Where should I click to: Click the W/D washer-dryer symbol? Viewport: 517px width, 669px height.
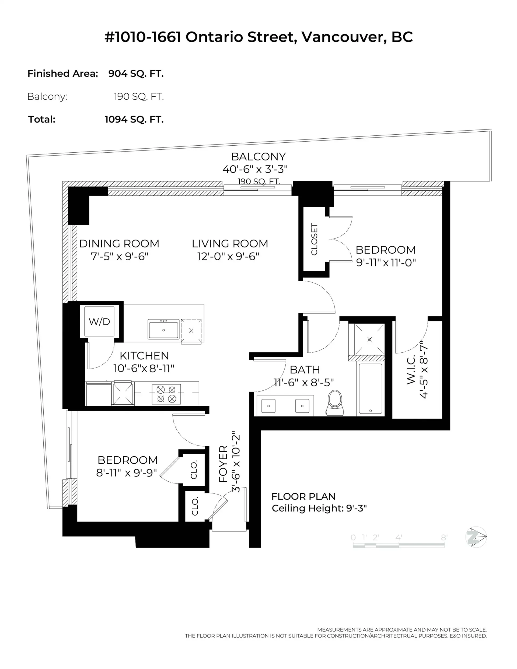point(99,321)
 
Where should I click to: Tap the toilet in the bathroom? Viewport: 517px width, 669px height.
point(335,402)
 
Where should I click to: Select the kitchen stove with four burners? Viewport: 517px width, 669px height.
point(166,394)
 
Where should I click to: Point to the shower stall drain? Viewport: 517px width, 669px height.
point(370,339)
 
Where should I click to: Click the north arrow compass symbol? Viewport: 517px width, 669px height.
point(476,537)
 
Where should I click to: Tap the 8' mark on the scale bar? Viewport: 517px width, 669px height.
point(444,538)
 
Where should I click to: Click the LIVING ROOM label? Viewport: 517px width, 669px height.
point(230,244)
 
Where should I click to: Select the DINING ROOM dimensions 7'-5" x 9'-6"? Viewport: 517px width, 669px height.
point(120,256)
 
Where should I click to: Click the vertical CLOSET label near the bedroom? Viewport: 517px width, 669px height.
point(315,239)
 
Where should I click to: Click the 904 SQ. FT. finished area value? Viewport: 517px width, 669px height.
point(136,73)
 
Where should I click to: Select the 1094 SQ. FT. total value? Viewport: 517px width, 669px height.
point(134,119)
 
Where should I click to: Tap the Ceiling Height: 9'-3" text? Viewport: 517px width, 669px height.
point(319,508)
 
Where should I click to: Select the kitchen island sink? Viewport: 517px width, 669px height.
point(163,329)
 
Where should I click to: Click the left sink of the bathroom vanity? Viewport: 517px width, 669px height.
point(268,406)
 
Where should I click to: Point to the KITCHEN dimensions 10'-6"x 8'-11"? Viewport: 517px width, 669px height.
point(144,368)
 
